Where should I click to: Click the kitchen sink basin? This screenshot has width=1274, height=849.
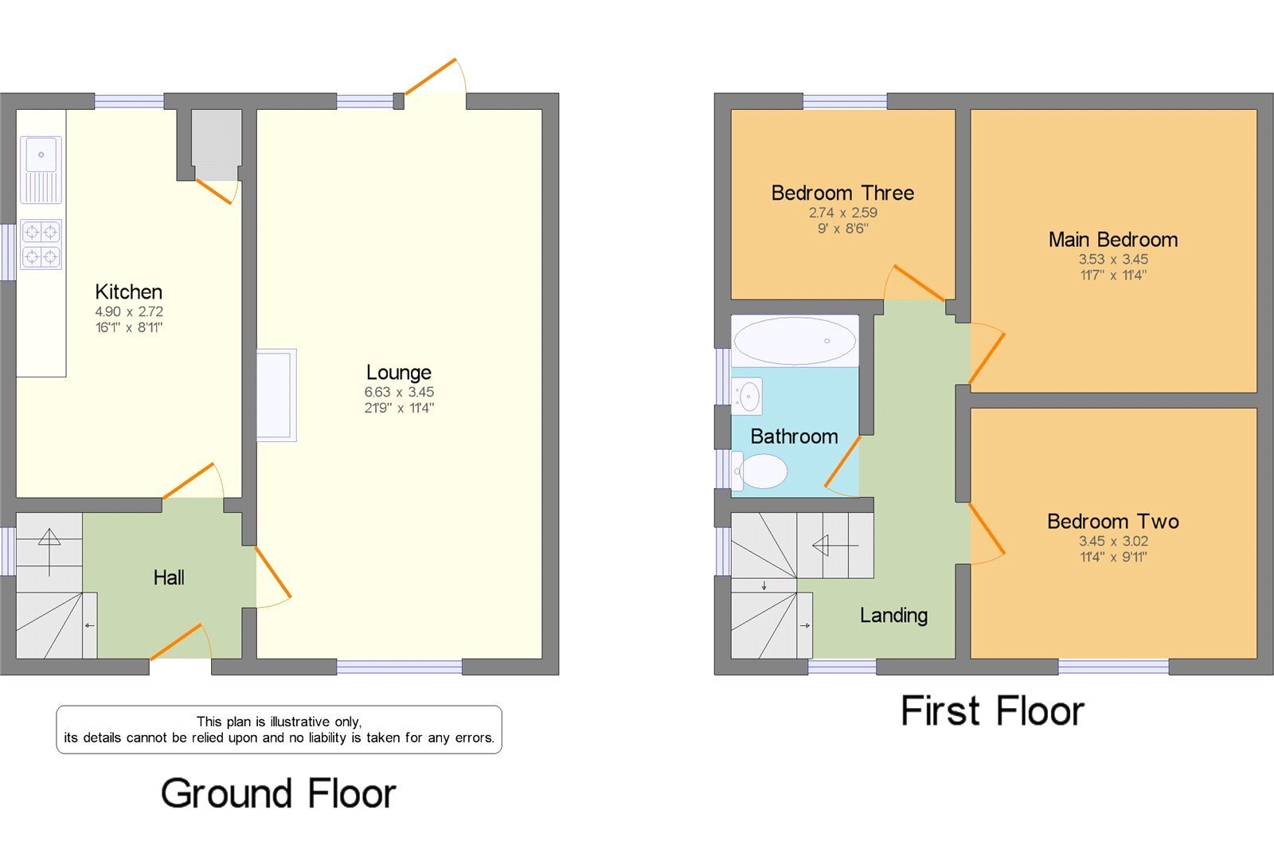pos(41,155)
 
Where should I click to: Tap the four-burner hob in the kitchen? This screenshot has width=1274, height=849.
pos(41,245)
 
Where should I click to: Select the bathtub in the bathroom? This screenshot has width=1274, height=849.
pos(795,341)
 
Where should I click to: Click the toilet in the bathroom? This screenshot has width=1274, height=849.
pos(760,471)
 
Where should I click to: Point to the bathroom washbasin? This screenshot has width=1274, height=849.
pos(747,396)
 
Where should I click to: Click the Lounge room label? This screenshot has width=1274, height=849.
pos(399,372)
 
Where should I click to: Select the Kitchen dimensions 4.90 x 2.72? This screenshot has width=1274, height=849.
pos(129,312)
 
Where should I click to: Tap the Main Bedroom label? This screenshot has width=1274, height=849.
pos(1113,240)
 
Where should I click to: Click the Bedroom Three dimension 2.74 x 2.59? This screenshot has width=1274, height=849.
pos(843,213)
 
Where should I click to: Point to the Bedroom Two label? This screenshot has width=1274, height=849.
pos(1113,521)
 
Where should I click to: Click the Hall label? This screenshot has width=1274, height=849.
pos(169,577)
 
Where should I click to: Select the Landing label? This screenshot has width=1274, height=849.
pos(893,615)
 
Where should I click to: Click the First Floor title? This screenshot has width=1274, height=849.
pos(992,710)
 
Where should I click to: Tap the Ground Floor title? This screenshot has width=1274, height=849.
pos(278,793)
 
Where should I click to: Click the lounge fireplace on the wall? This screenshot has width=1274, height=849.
pos(276,395)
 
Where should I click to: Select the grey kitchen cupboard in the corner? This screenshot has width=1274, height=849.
pos(216,144)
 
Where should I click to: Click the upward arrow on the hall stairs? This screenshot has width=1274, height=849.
pos(49,553)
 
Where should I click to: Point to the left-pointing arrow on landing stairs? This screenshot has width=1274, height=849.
pos(835,546)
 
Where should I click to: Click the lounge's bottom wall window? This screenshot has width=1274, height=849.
pos(399,667)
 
